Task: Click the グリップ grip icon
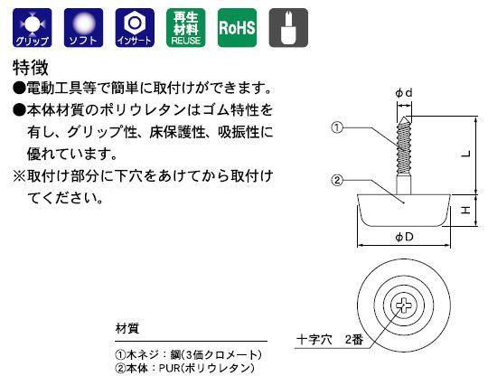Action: tap(32, 28)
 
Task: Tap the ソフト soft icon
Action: tap(83, 28)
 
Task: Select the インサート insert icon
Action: tap(135, 28)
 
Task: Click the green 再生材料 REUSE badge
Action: tap(186, 28)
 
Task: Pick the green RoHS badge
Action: tap(237, 28)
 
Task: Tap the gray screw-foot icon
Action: tap(288, 28)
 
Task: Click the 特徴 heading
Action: tap(31, 68)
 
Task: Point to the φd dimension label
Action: tap(404, 93)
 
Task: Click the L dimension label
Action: tap(466, 154)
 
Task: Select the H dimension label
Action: tap(465, 211)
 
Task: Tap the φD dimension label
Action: tap(404, 238)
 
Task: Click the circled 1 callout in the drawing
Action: tap(337, 127)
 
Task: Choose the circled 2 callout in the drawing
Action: tap(337, 180)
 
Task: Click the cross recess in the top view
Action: tap(404, 305)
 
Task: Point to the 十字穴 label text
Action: tap(314, 339)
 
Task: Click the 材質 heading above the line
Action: tap(127, 328)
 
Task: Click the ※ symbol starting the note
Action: tap(19, 176)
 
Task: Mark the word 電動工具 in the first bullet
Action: tap(54, 88)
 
